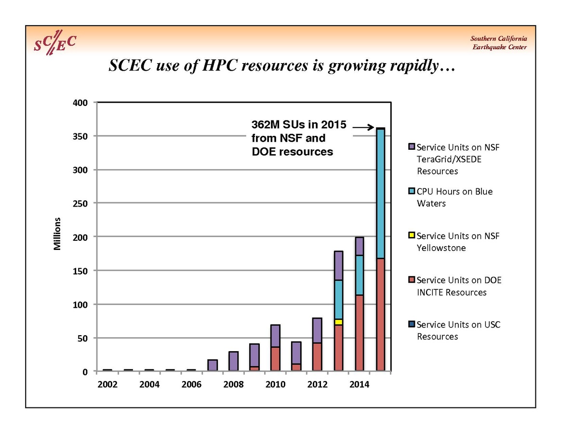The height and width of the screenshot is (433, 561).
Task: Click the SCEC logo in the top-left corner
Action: [54, 44]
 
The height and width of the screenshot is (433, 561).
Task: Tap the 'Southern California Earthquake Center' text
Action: [498, 43]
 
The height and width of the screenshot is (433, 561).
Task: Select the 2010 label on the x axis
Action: [275, 384]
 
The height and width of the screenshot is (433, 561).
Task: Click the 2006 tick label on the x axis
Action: [192, 384]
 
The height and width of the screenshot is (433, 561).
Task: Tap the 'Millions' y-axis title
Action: [57, 234]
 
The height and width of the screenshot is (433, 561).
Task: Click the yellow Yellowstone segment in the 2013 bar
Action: [338, 322]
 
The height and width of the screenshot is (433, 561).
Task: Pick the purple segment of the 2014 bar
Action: [359, 246]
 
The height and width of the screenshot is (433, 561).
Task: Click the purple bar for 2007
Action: [213, 366]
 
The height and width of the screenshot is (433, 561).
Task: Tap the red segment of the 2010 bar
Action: [275, 359]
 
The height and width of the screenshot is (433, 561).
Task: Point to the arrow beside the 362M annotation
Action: [363, 127]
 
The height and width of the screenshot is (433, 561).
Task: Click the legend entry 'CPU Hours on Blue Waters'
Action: [454, 197]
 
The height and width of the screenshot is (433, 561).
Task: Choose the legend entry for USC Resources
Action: [458, 330]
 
